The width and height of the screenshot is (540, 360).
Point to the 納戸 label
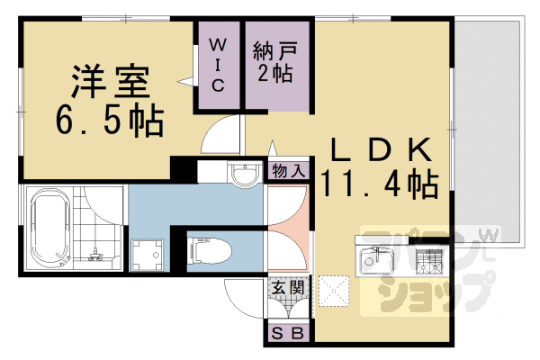272,47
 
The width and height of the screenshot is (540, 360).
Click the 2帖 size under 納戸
272,73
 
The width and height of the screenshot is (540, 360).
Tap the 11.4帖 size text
378,184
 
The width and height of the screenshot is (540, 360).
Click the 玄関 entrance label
287,289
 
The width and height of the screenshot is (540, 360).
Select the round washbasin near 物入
241,174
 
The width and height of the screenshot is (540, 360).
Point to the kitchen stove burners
430,262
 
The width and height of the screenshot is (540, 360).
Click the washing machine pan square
147,255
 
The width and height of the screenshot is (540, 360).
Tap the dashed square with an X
334,289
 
